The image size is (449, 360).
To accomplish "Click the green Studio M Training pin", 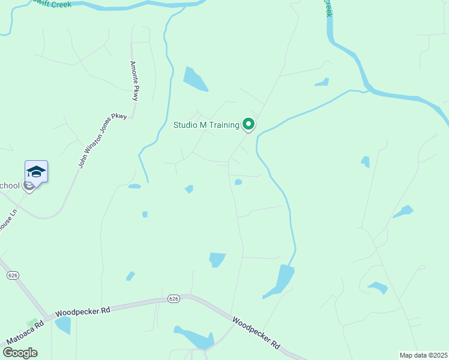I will click(249, 124).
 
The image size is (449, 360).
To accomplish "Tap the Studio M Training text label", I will click(206, 125).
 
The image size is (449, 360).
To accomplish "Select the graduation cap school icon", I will click(36, 172).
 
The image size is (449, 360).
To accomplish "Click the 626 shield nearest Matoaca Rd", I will click(12, 275).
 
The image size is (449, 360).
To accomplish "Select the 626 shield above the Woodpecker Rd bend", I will click(173, 298).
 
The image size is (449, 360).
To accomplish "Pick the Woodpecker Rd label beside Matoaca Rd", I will click(83, 311).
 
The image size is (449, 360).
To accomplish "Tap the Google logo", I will click(20, 353).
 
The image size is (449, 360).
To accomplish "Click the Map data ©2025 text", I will click(423, 355).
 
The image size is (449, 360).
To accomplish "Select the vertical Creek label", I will click(328, 8).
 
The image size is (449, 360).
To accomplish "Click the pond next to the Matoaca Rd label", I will click(62, 325).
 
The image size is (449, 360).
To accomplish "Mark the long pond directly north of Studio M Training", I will click(194, 78).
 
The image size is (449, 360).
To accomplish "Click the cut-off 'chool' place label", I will click(10, 185).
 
